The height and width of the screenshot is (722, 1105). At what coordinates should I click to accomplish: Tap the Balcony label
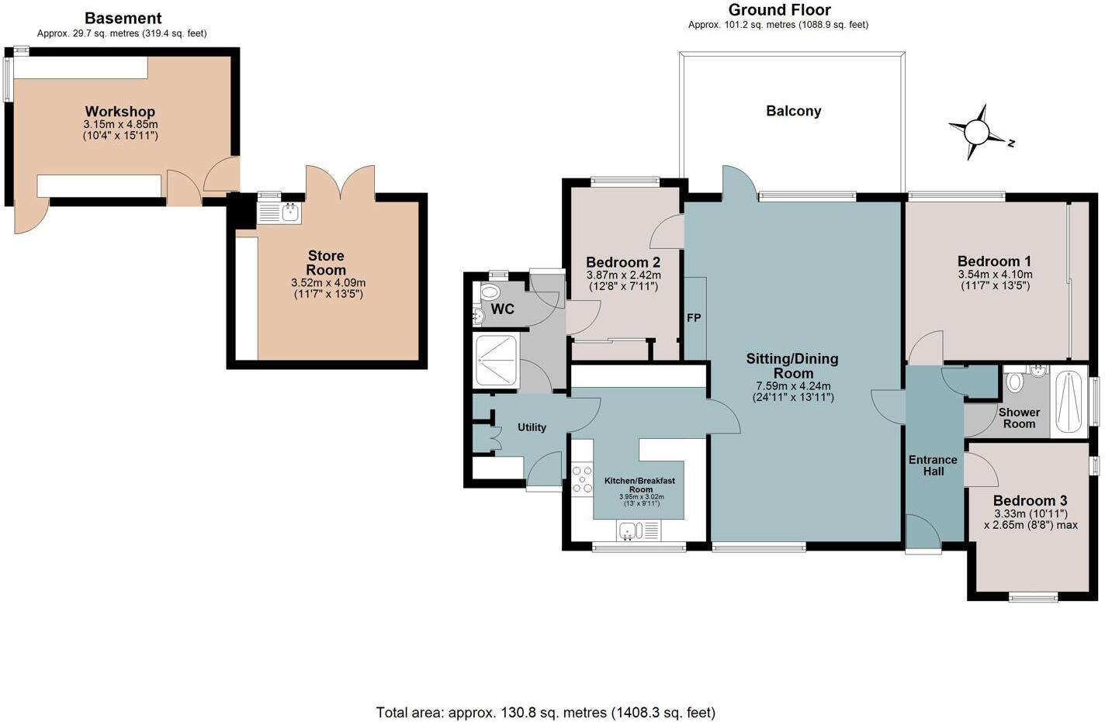click(793, 111)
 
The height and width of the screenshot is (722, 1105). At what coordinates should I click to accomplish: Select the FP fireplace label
click(694, 318)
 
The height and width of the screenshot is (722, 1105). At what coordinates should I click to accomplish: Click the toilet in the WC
click(490, 293)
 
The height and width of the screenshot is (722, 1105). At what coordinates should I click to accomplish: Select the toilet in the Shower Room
click(1014, 382)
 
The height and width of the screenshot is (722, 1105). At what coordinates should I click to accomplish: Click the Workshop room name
click(120, 112)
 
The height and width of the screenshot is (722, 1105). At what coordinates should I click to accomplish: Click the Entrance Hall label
click(933, 465)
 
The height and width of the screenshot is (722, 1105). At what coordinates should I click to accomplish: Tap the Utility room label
click(532, 427)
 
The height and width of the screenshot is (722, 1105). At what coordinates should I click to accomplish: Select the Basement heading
click(123, 18)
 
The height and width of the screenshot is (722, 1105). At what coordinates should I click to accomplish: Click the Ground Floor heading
click(779, 10)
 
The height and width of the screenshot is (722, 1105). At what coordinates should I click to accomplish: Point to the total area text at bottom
click(546, 712)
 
